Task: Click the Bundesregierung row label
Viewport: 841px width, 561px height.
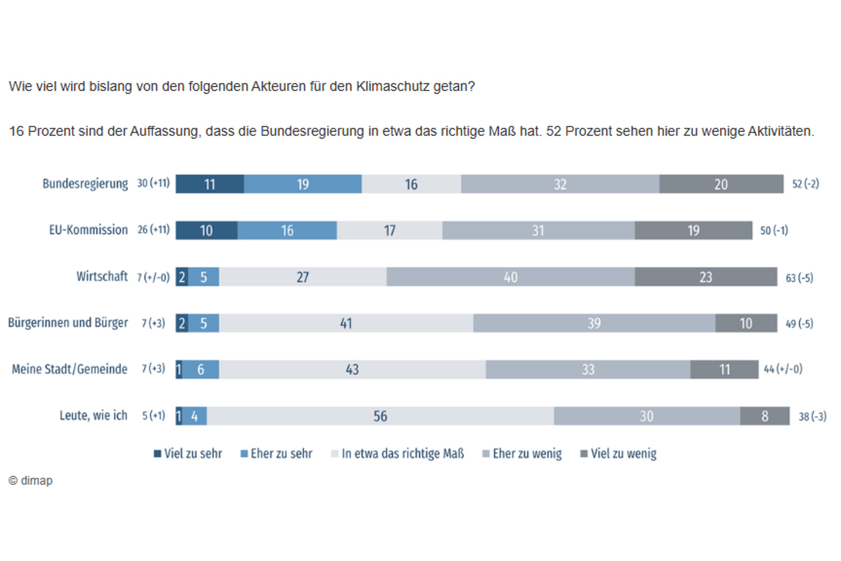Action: [x=85, y=184]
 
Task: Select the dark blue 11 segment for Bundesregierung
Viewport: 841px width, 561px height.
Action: [x=209, y=184]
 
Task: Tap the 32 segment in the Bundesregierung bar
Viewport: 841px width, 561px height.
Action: [x=560, y=184]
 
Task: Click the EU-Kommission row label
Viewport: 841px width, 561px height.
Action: [x=88, y=230]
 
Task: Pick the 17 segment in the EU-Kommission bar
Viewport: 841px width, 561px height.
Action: [x=389, y=230]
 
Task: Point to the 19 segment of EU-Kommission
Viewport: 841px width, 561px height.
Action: [x=693, y=230]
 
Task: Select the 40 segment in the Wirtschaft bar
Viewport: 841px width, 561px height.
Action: [x=510, y=277]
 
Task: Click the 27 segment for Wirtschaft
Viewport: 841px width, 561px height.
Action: [x=302, y=277]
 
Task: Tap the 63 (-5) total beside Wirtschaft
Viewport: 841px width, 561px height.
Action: [x=799, y=278]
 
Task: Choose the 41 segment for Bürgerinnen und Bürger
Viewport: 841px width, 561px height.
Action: [x=346, y=323]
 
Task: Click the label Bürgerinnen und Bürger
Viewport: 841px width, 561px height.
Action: [x=68, y=322]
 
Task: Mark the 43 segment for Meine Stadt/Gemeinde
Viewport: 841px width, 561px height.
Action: [x=352, y=370]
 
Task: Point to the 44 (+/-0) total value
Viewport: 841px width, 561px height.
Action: [x=783, y=369]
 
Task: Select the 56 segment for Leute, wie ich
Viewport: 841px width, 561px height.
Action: [x=380, y=416]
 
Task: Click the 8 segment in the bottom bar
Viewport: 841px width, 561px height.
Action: [x=764, y=416]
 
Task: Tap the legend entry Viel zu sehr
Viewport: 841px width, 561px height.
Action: [x=188, y=454]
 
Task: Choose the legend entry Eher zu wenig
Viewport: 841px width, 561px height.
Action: [x=522, y=454]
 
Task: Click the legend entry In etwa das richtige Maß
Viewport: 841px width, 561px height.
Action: [x=398, y=454]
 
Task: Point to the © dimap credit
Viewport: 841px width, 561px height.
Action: [x=31, y=481]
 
